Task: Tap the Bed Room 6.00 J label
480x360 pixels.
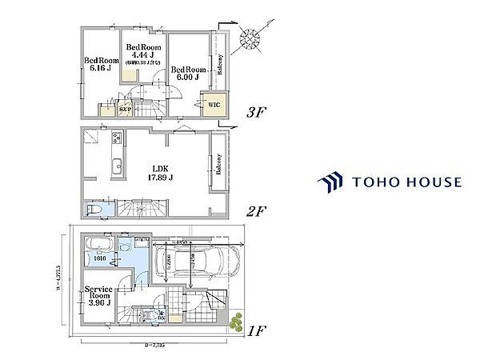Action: pos(189,73)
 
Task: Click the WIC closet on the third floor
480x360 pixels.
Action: pos(213,104)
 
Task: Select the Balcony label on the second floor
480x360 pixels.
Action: pos(217,163)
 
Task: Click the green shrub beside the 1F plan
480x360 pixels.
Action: pos(236,322)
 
